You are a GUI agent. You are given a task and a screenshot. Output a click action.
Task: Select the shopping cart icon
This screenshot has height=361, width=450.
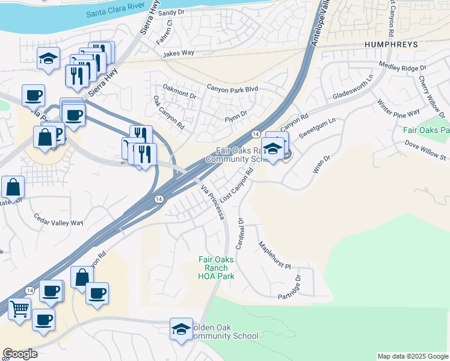tap(19, 310)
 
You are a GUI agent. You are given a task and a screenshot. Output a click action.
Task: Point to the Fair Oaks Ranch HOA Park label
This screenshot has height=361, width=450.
tap(216, 268)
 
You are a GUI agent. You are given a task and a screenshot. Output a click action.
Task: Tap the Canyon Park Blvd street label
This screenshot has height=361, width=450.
tap(232, 89)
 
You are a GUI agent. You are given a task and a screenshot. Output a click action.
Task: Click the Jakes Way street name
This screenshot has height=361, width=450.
tap(178, 53)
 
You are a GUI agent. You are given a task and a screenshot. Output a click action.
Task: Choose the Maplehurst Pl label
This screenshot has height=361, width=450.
tap(274, 255)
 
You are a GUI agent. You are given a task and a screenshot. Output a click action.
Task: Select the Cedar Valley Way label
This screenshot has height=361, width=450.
tap(58, 219)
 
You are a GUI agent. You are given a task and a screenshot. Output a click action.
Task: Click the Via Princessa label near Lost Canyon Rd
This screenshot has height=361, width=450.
tap(212, 202)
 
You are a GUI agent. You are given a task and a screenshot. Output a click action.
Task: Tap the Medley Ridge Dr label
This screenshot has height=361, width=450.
tap(402, 65)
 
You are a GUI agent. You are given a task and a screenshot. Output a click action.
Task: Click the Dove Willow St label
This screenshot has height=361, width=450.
tap(425, 152)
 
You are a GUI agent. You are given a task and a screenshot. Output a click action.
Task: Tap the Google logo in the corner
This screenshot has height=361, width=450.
tap(20, 354)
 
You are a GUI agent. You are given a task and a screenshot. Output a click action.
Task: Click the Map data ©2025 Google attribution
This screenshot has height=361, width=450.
tap(412, 356)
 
